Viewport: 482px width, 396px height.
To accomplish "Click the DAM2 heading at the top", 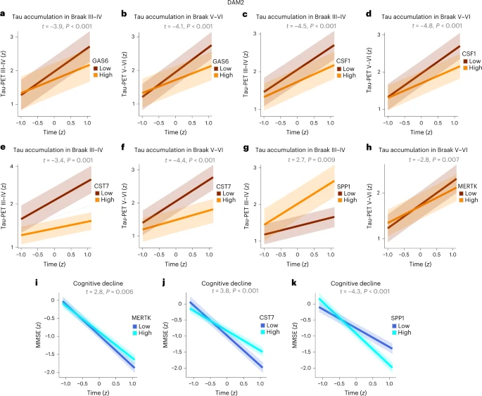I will coord(241,4).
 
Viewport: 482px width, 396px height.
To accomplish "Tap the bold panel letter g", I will coord(245,148).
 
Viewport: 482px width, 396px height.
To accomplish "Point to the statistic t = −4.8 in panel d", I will coord(411,26).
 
